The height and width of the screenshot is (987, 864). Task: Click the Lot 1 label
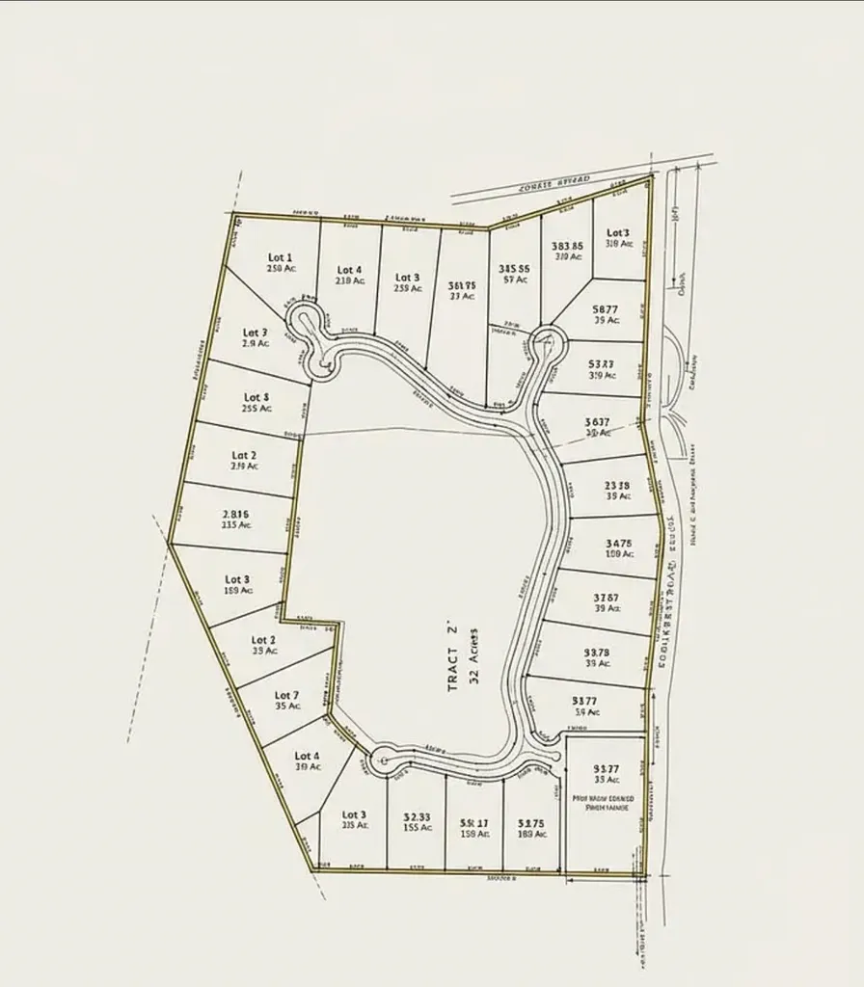click(280, 257)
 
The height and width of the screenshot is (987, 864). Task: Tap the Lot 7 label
click(286, 695)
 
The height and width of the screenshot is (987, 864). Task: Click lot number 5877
click(606, 309)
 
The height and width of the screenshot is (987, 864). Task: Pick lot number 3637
click(598, 421)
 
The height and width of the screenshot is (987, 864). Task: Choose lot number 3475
click(619, 544)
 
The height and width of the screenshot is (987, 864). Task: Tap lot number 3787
click(607, 598)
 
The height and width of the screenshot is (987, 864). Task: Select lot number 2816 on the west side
click(236, 514)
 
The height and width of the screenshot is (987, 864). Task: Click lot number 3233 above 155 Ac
click(417, 815)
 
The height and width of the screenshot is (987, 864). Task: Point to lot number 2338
click(617, 486)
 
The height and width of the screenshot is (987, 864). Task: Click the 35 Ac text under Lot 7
click(287, 707)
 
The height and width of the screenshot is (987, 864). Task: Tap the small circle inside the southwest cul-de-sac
click(385, 760)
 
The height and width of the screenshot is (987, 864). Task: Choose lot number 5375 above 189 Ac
click(531, 823)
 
